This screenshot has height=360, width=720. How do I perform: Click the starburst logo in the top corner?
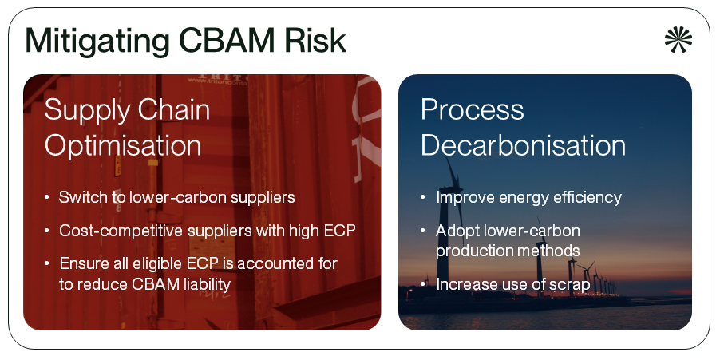[x=678, y=38]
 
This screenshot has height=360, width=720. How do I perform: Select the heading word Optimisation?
[x=123, y=145]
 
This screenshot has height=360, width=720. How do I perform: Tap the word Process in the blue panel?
[x=472, y=110]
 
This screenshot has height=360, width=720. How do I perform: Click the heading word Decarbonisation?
[x=523, y=145]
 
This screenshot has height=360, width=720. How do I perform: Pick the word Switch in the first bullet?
[x=78, y=197]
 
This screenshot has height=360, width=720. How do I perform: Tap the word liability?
[x=204, y=285]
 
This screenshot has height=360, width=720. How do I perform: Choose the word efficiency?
[x=587, y=197]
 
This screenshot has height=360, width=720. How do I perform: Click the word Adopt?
[x=455, y=231]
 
